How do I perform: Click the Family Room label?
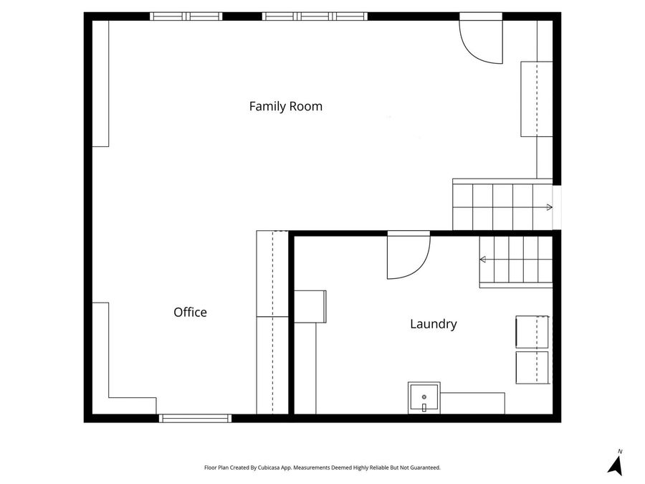tap(285, 107)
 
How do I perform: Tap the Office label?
tap(190, 313)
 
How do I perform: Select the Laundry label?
tap(433, 324)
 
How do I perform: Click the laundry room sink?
tap(424, 398)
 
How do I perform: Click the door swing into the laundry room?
tap(407, 257)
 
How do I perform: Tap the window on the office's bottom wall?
tap(195, 418)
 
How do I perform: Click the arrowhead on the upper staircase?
tap(549, 207)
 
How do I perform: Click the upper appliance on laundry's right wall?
tap(532, 331)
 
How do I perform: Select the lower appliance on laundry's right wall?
tap(532, 367)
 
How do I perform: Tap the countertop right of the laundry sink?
tap(472, 403)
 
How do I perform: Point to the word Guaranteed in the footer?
tap(424, 468)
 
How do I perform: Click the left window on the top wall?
tap(186, 16)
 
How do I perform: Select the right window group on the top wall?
tap(315, 16)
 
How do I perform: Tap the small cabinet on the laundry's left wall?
tap(310, 306)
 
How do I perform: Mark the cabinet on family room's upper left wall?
tap(100, 83)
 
